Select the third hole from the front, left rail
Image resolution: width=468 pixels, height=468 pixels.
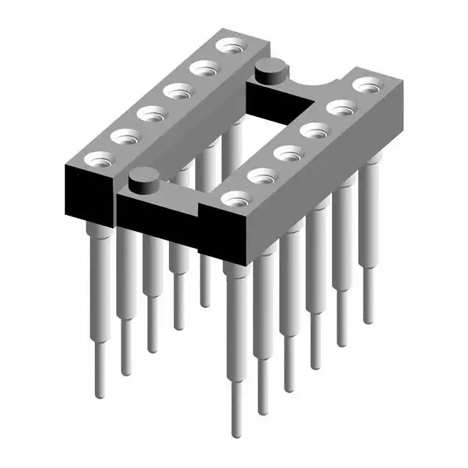tap(151, 114)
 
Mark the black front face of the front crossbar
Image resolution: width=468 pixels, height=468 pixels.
tap(157, 212)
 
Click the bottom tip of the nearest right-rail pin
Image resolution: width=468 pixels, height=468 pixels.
tap(237, 431)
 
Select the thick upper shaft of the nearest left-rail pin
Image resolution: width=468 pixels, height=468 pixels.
tap(95, 278)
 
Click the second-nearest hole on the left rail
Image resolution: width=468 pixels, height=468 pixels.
tap(124, 136)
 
